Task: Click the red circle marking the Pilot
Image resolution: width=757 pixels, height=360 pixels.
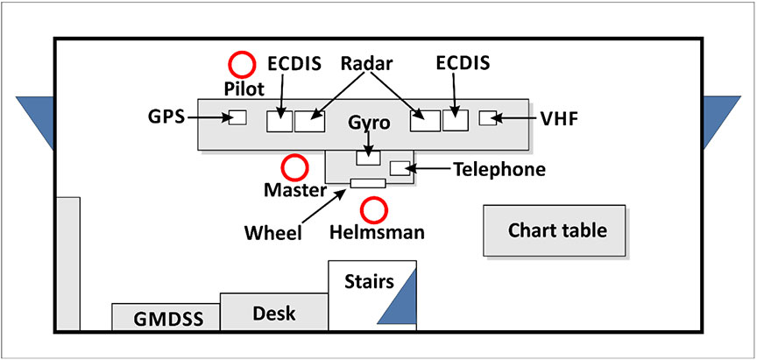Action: click(x=242, y=63)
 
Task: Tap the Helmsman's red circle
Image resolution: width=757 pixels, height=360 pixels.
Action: click(x=375, y=209)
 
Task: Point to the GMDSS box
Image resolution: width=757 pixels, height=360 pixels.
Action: click(x=166, y=317)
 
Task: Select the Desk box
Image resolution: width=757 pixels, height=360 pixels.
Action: click(x=273, y=312)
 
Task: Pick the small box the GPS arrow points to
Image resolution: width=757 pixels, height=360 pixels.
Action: click(x=237, y=118)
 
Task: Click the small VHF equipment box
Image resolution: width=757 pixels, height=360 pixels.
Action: click(x=488, y=117)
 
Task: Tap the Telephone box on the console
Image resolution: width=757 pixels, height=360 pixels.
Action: click(x=400, y=168)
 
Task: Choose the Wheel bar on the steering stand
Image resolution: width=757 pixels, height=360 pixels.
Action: click(x=367, y=183)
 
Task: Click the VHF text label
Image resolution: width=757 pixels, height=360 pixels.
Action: click(x=559, y=117)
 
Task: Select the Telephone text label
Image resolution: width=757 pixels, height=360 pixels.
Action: click(x=499, y=169)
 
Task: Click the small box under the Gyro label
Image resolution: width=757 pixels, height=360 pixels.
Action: click(x=368, y=158)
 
